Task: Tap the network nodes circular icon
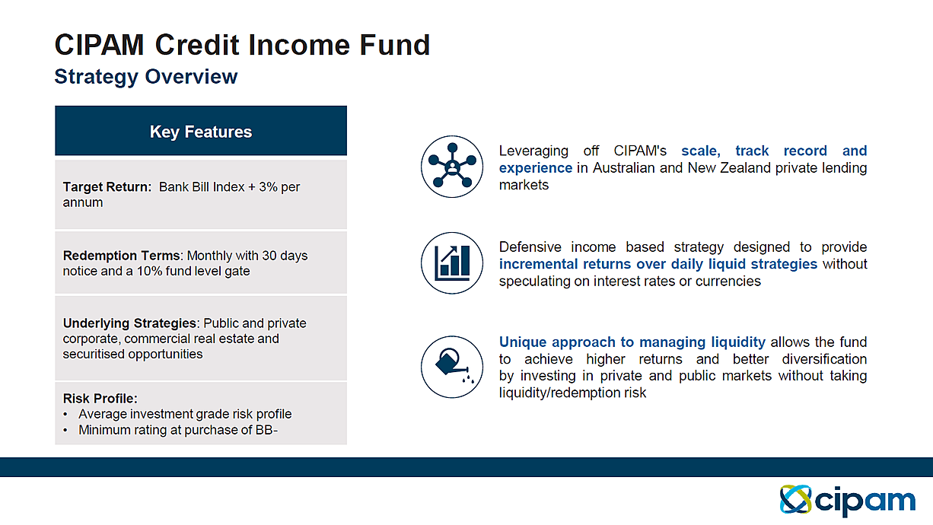pos(452,167)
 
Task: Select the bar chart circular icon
pos(452,263)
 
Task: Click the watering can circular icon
pos(452,367)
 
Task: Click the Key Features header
pos(201,132)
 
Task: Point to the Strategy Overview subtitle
pos(146,77)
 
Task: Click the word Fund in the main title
pos(394,45)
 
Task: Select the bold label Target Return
pos(107,187)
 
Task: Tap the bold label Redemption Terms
pos(123,255)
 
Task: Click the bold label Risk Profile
pos(100,399)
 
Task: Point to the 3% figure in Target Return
pos(268,187)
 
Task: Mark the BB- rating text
pos(266,430)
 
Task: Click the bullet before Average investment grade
pos(65,415)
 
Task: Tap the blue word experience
pos(536,168)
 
